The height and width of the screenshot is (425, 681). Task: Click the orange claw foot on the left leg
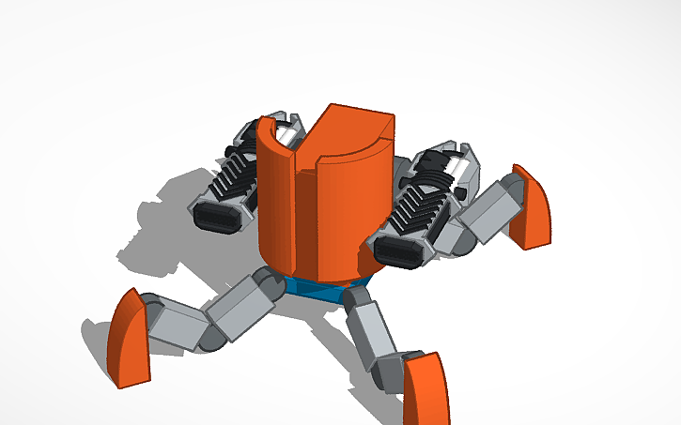[129, 340]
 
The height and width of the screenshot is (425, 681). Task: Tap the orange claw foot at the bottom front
[426, 389]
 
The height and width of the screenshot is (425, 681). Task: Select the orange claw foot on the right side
[532, 210]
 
